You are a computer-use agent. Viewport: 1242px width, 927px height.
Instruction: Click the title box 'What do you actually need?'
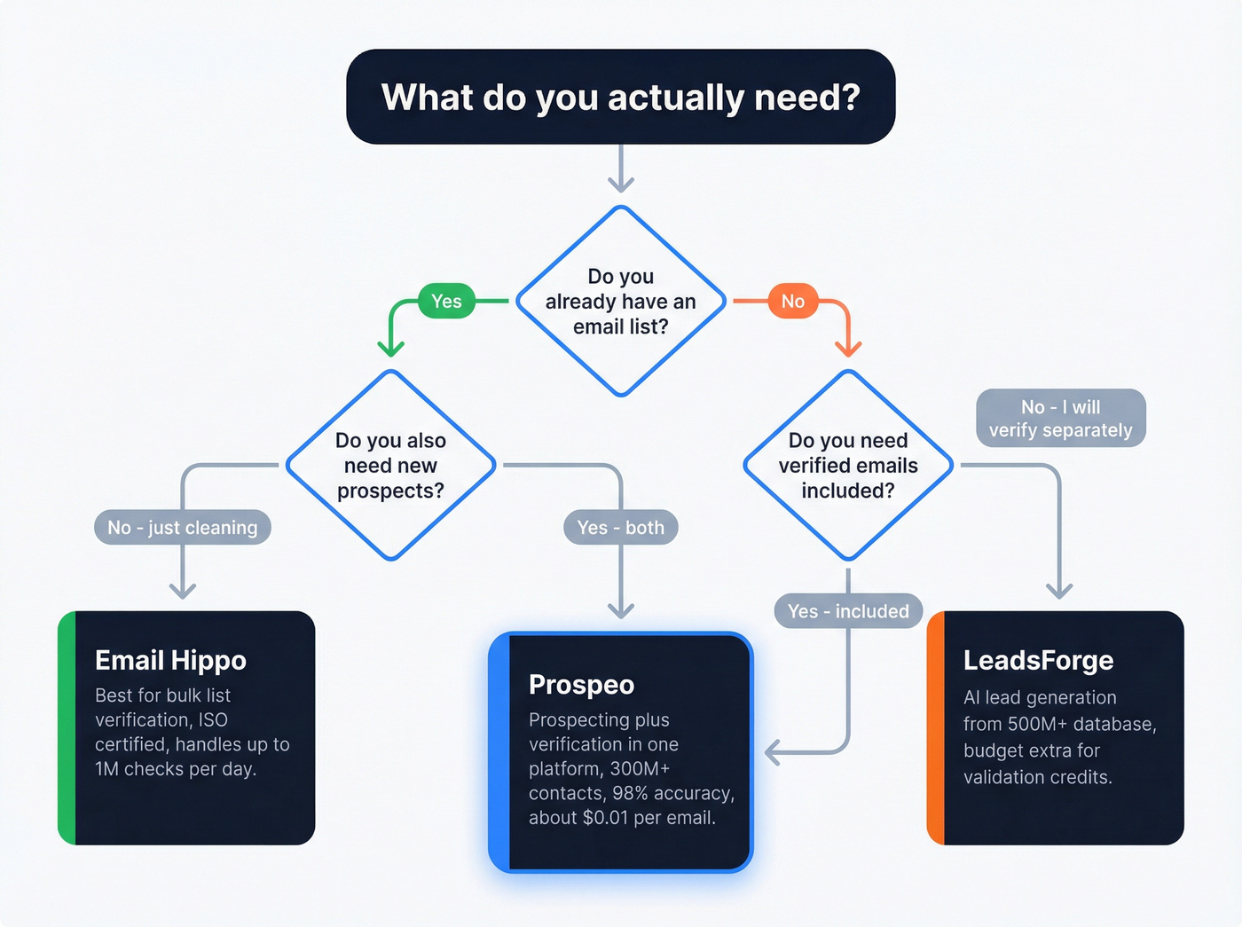pos(621,97)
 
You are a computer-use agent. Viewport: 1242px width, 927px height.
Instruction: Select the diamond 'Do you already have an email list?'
pos(621,302)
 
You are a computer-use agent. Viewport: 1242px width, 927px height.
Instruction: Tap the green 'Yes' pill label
pos(446,302)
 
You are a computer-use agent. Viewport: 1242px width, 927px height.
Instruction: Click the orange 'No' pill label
pos(792,302)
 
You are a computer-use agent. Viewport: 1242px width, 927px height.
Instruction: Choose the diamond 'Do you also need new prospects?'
pos(390,466)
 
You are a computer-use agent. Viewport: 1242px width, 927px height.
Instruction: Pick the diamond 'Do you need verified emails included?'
pos(848,466)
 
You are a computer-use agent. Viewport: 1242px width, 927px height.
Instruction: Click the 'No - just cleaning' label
pos(183,528)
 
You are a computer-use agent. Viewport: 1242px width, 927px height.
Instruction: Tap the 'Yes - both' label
pos(620,528)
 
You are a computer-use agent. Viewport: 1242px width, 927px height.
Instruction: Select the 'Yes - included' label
pos(848,611)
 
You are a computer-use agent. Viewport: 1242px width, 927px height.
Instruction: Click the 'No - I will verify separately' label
pos(1061,419)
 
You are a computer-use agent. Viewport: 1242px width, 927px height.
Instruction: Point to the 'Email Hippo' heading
pos(170,661)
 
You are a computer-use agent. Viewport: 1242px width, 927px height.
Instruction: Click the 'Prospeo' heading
pos(581,685)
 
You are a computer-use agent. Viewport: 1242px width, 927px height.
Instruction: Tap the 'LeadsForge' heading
pos(1038,661)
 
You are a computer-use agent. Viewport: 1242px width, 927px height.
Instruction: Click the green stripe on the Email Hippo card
pos(67,727)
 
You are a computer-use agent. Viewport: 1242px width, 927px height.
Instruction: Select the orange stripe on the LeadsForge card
pos(936,727)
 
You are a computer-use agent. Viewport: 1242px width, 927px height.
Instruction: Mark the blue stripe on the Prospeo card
pos(500,752)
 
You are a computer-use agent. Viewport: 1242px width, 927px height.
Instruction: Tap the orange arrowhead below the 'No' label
pos(848,349)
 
